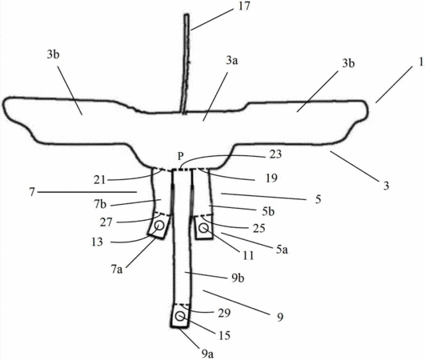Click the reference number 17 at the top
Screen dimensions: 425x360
tap(244, 6)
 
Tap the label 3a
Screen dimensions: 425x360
tap(232, 61)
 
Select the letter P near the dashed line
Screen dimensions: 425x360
tap(181, 156)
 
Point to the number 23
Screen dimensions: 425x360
tap(275, 154)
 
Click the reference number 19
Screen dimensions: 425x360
tap(271, 178)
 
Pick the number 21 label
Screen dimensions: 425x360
tap(99, 180)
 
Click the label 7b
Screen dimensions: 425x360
tap(100, 204)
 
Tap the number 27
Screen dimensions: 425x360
tap(106, 222)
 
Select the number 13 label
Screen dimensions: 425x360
tap(97, 242)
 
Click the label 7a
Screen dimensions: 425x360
tap(116, 270)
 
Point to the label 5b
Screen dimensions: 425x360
tap(268, 211)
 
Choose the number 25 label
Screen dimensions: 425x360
tap(259, 228)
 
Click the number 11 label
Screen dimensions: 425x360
tap(248, 255)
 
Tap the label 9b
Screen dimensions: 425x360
tap(238, 278)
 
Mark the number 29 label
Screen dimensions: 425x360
tap(224, 313)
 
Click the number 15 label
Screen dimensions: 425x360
tap(224, 336)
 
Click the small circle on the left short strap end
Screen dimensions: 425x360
tap(159, 225)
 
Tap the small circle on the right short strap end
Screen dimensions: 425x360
tap(203, 228)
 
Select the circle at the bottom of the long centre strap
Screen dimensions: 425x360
tap(180, 316)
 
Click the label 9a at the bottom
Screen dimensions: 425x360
tap(207, 354)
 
